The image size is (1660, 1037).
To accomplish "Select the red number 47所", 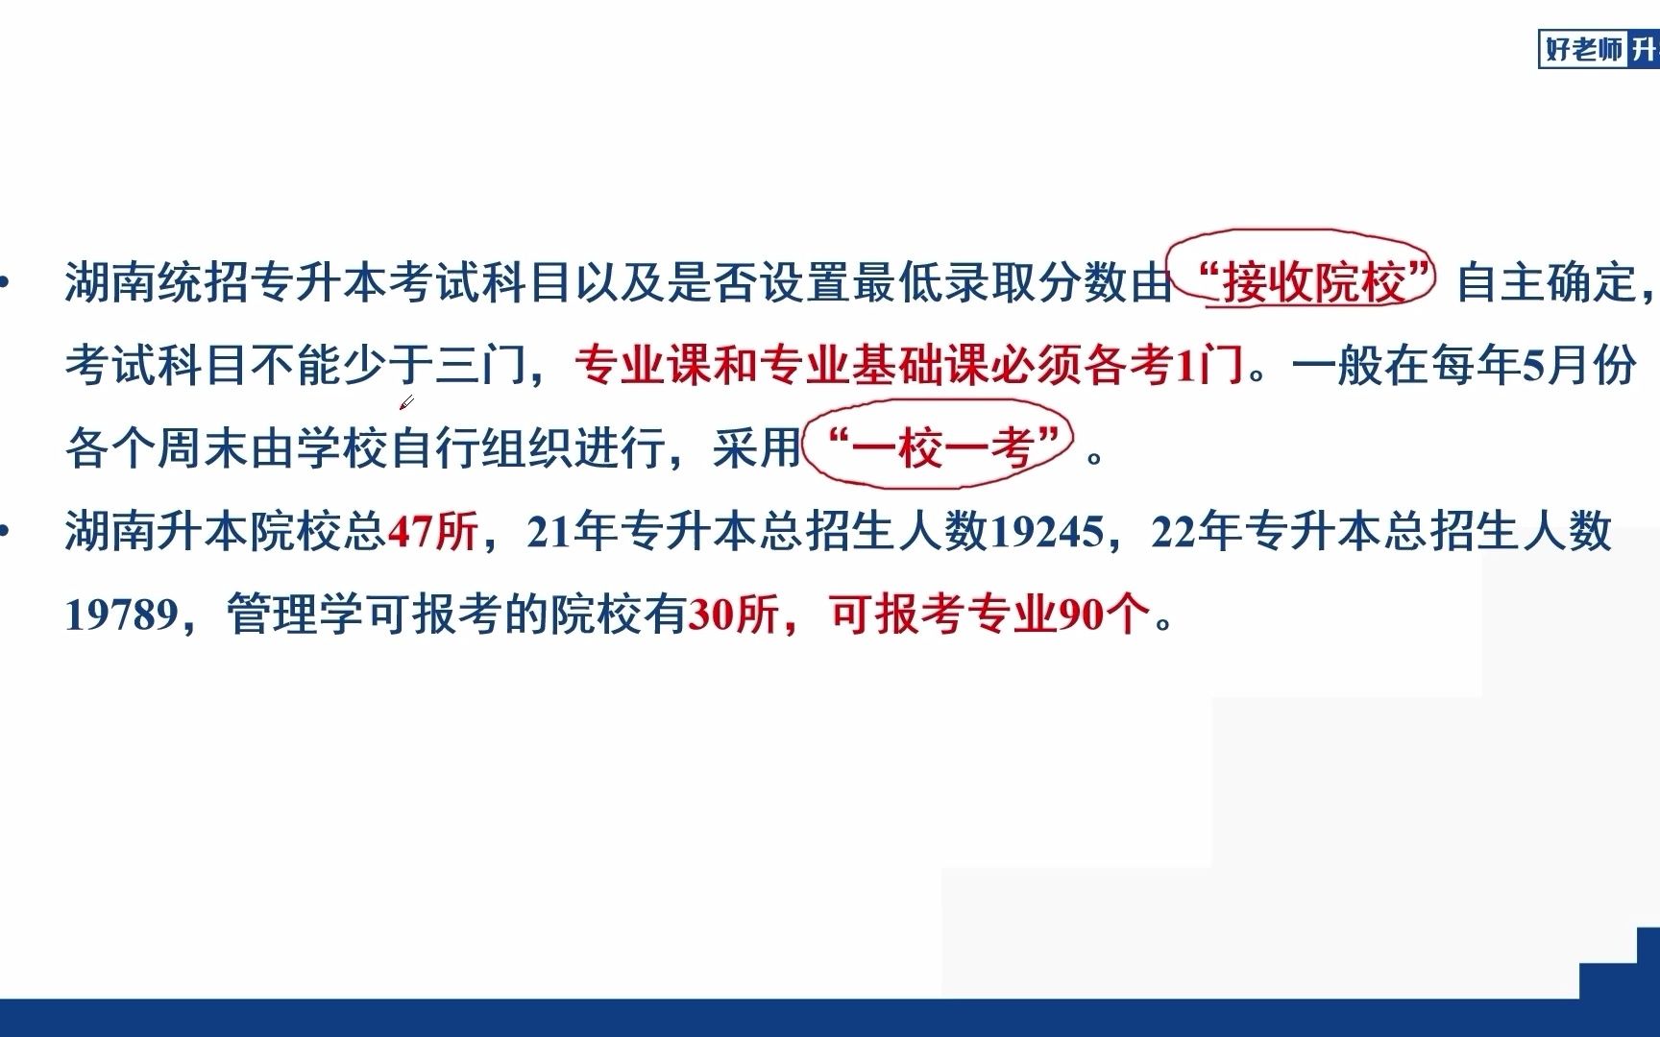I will pos(432,531).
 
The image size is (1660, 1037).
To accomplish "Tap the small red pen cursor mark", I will pos(406,402).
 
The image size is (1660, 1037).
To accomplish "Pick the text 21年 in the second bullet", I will pos(573,531).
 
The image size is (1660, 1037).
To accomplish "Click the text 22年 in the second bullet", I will pos(1196,531).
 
